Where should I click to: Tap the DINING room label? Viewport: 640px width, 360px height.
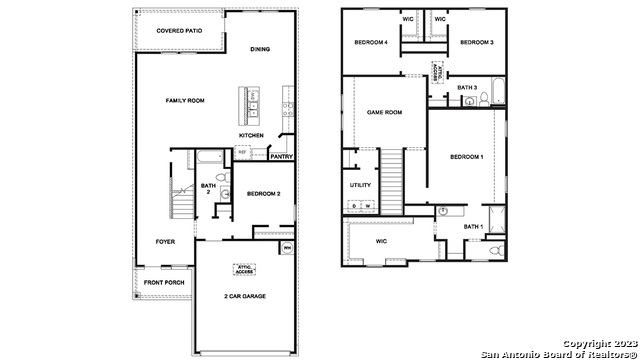tap(260, 48)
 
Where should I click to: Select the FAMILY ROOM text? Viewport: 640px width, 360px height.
tap(185, 101)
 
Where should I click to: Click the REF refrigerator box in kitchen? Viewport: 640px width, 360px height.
tap(242, 152)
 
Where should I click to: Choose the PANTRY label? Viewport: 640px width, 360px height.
tap(281, 156)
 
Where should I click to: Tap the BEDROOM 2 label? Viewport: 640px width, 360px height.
tap(263, 193)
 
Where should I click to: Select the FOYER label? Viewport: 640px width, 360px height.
tap(165, 242)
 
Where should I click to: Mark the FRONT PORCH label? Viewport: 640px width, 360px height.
tap(163, 283)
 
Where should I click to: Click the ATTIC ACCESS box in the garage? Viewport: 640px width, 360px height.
tap(245, 268)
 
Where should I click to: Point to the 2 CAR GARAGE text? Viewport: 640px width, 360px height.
tap(245, 296)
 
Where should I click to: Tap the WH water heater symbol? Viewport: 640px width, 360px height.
tap(287, 247)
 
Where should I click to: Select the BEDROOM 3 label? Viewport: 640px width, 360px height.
tap(477, 42)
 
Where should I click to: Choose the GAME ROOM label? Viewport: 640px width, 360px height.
tap(384, 112)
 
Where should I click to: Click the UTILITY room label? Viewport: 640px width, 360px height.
tap(360, 185)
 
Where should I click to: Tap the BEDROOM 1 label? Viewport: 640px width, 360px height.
tap(466, 157)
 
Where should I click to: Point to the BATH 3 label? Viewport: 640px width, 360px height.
tap(467, 87)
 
